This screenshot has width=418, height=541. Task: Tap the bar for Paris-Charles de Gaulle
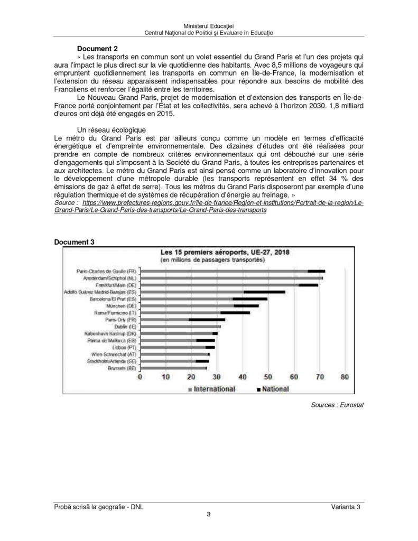click(233, 271)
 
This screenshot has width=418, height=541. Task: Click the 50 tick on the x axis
click(268, 377)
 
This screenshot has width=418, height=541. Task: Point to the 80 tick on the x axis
click(345, 377)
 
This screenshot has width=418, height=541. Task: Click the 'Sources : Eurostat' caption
click(338, 405)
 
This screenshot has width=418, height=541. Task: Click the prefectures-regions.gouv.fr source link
click(222, 202)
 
